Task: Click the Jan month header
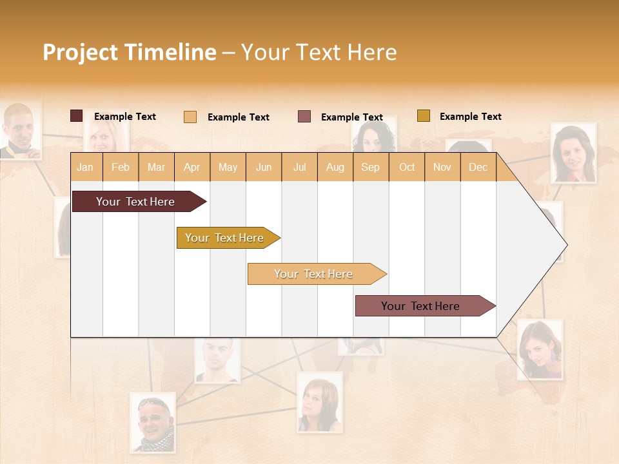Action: pos(86,167)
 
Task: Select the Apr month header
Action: pos(192,167)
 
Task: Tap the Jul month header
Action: pos(299,167)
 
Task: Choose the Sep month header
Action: pos(370,167)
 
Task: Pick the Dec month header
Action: pos(478,167)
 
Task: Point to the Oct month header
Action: pos(406,167)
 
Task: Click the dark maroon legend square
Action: pos(76,116)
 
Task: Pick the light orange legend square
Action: pos(190,117)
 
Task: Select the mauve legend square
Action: pos(304,117)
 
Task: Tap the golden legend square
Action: pos(423,116)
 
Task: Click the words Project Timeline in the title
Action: pos(129,52)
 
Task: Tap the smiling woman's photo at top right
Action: pos(573,153)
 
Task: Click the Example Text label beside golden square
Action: pos(470,117)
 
